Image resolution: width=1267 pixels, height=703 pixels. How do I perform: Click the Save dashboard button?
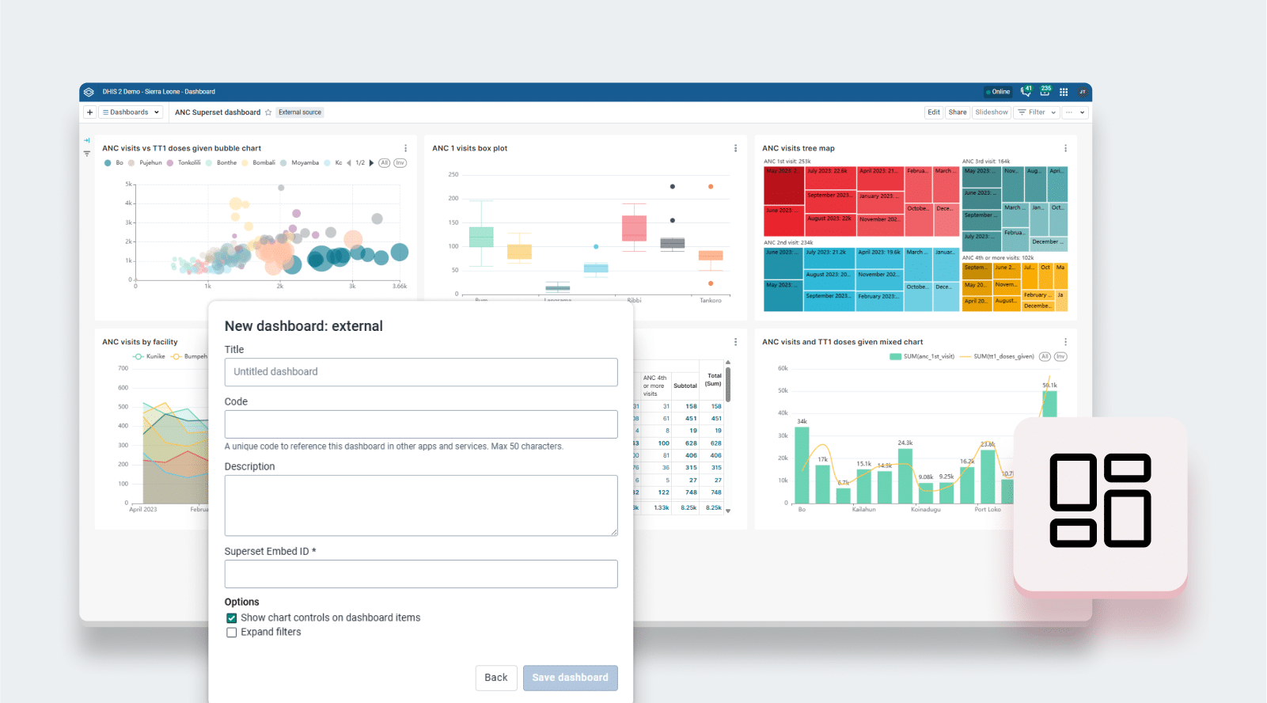[x=570, y=678]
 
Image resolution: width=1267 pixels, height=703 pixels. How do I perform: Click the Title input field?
[x=420, y=372]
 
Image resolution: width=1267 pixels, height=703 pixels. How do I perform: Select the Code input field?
[x=420, y=424]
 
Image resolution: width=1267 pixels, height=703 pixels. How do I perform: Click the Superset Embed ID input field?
[x=420, y=574]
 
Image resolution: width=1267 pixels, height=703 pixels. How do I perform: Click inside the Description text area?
[x=420, y=505]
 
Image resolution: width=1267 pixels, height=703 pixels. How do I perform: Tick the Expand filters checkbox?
[x=232, y=633]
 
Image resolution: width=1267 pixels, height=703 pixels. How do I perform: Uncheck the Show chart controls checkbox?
[x=232, y=618]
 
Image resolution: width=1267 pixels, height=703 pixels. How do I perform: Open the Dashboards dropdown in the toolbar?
[x=131, y=112]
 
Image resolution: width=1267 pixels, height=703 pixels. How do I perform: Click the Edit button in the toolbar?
[x=934, y=112]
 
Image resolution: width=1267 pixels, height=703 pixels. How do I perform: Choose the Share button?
[x=958, y=112]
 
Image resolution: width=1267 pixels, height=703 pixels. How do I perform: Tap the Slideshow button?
[x=992, y=112]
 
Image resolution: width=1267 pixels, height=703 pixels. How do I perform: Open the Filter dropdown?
[x=1037, y=112]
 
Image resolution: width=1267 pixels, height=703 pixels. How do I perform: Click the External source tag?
[x=300, y=112]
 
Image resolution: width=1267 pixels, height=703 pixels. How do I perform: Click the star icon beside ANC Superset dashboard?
[x=268, y=112]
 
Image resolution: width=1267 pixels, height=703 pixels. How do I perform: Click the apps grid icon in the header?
[x=1064, y=92]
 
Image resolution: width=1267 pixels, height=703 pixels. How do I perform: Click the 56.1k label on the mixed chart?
[x=1049, y=386]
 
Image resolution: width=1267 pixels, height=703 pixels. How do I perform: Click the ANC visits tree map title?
[x=798, y=148]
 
